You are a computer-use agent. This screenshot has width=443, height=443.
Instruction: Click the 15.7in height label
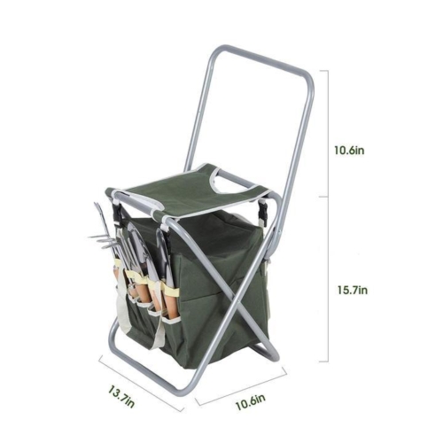pos(353,290)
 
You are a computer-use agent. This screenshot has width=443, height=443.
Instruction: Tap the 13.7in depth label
pos(121,396)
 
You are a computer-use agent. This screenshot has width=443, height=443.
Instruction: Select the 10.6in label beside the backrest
pos(349,151)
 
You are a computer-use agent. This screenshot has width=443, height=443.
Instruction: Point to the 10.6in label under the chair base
pos(250,401)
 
